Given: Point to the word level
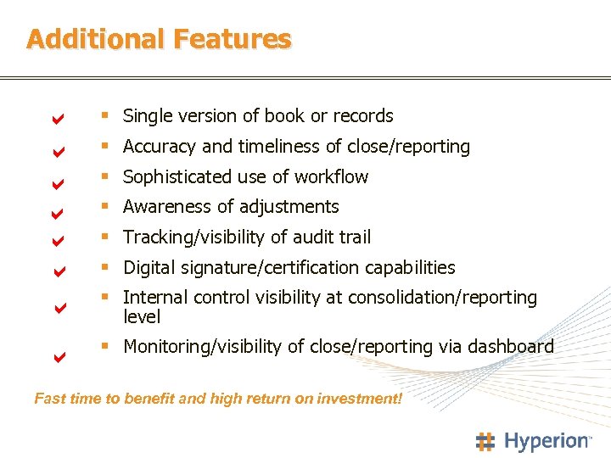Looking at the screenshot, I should point(142,317).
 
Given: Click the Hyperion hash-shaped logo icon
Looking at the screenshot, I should point(485,441).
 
